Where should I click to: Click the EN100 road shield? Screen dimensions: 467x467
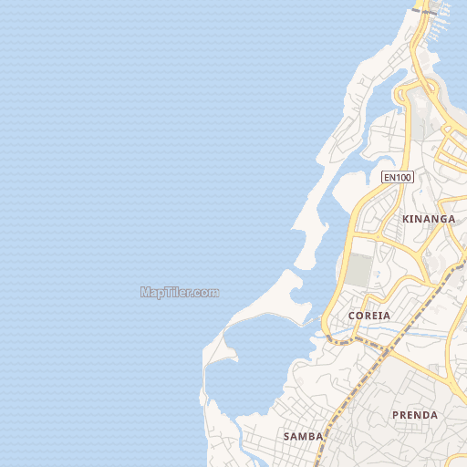[398, 177]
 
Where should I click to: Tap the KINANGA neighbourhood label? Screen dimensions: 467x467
[428, 219]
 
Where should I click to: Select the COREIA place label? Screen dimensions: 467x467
[369, 316]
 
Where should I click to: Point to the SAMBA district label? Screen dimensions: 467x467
[303, 436]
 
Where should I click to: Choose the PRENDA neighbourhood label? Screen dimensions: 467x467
[414, 415]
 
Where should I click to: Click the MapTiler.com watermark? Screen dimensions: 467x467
[180, 293]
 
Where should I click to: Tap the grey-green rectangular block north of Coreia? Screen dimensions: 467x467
[358, 271]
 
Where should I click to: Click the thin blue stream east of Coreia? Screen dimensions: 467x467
[420, 332]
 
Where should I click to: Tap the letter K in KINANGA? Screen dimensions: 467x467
[405, 219]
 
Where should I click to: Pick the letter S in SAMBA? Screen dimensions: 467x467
[286, 436]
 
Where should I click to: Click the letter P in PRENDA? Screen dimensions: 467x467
[395, 415]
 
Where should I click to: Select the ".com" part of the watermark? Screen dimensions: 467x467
[205, 293]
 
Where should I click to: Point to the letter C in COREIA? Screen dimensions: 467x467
[352, 316]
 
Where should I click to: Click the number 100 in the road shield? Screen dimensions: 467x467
[402, 177]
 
